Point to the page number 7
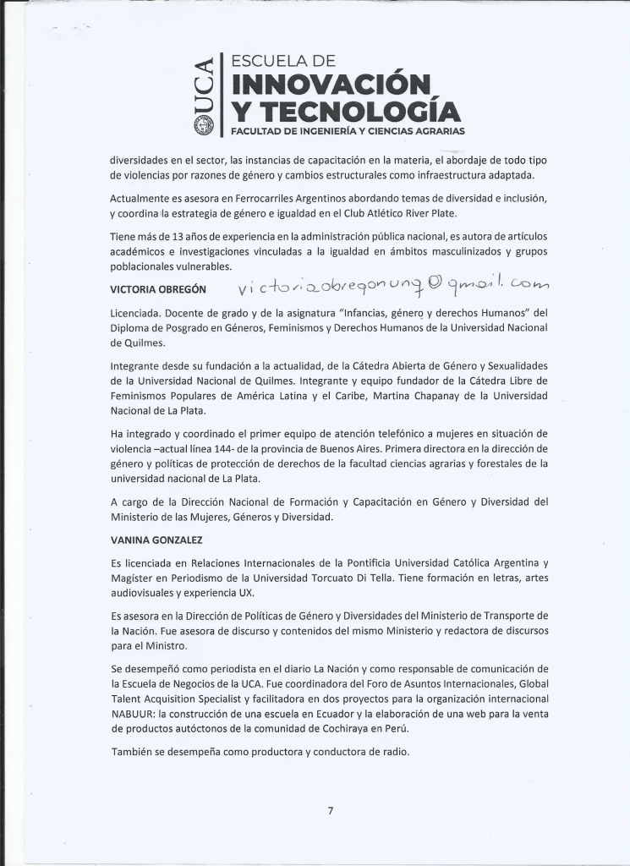coord(330,810)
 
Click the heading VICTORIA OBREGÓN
coord(158,289)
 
